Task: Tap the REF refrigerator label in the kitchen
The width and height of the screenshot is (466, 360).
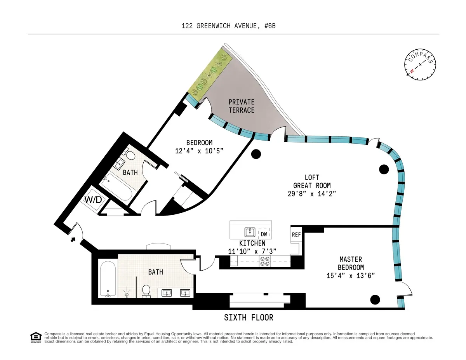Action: point(296,235)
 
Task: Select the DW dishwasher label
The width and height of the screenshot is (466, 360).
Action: point(264,234)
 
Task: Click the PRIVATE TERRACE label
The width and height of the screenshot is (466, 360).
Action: point(241,106)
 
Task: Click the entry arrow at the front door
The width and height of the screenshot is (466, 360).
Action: point(73,239)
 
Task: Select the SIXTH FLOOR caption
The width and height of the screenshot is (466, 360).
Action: point(249,318)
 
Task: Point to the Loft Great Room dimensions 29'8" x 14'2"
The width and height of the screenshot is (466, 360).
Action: point(312,193)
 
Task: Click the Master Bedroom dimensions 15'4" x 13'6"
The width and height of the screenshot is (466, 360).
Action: point(351,276)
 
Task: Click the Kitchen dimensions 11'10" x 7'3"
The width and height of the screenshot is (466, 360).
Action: point(252,251)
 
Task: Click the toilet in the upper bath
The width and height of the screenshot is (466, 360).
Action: point(130,156)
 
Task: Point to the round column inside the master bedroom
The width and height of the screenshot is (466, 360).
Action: point(375,299)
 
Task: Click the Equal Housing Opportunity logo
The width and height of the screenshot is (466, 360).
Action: point(36,337)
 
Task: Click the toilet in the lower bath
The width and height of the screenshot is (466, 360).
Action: point(146,290)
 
